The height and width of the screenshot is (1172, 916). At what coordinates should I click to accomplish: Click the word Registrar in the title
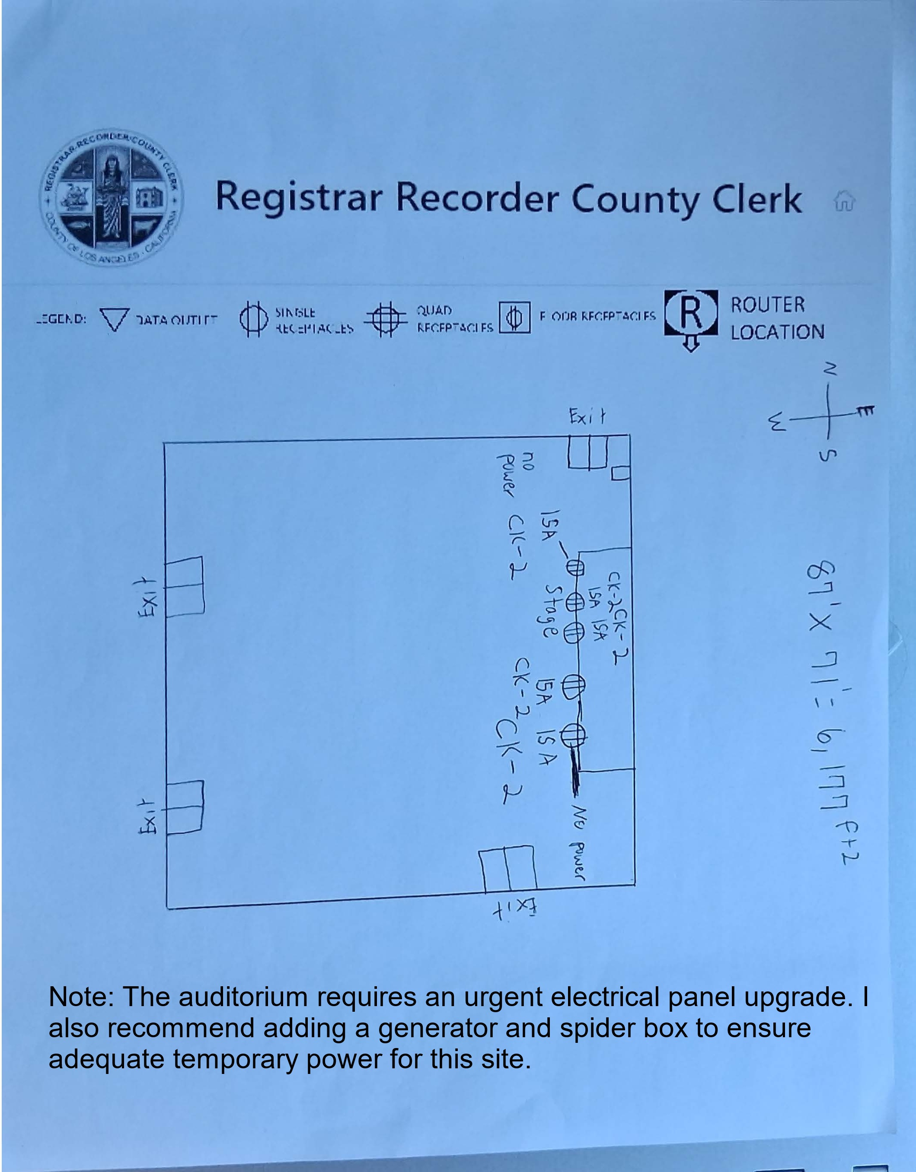click(298, 197)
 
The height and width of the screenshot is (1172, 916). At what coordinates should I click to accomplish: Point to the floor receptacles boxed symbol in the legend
click(515, 318)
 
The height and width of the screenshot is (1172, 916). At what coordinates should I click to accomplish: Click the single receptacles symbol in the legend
click(253, 319)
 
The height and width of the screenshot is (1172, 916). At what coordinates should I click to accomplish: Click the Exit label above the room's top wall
click(587, 416)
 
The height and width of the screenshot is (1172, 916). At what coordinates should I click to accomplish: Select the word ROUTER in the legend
click(767, 305)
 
